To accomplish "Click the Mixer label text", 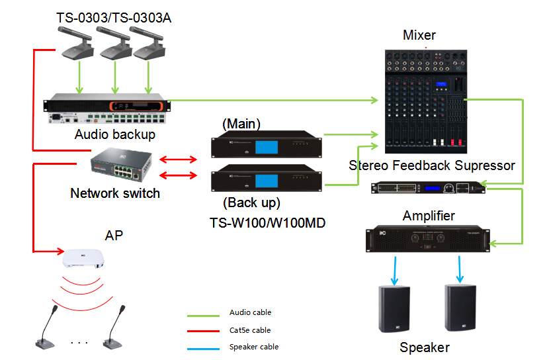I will [x=419, y=35].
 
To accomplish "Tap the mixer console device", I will [x=425, y=99].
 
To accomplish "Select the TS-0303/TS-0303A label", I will [x=114, y=18].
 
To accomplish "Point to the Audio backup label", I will [x=115, y=134].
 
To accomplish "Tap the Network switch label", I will [x=115, y=193].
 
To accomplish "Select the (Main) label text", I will [x=242, y=123].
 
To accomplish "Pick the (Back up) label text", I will [x=251, y=202].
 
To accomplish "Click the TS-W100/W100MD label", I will [x=268, y=223].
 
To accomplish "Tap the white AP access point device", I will [x=83, y=258].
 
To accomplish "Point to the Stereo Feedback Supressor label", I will [x=431, y=165].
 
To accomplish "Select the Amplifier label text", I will [x=429, y=216].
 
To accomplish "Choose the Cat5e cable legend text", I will [x=250, y=330].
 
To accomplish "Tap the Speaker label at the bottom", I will [x=425, y=347].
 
